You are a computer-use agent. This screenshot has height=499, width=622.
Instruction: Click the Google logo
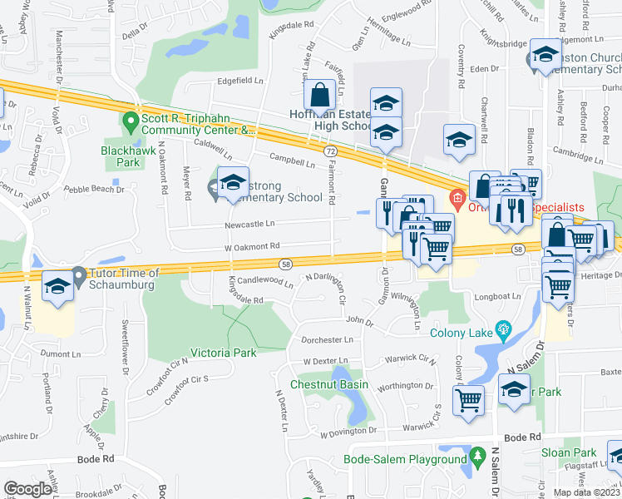coord(27,489)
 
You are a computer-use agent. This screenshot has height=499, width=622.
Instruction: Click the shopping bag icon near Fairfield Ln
coord(319,96)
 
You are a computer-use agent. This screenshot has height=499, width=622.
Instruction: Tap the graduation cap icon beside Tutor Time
coord(57,288)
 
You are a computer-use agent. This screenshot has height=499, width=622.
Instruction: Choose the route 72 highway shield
coord(331,151)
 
